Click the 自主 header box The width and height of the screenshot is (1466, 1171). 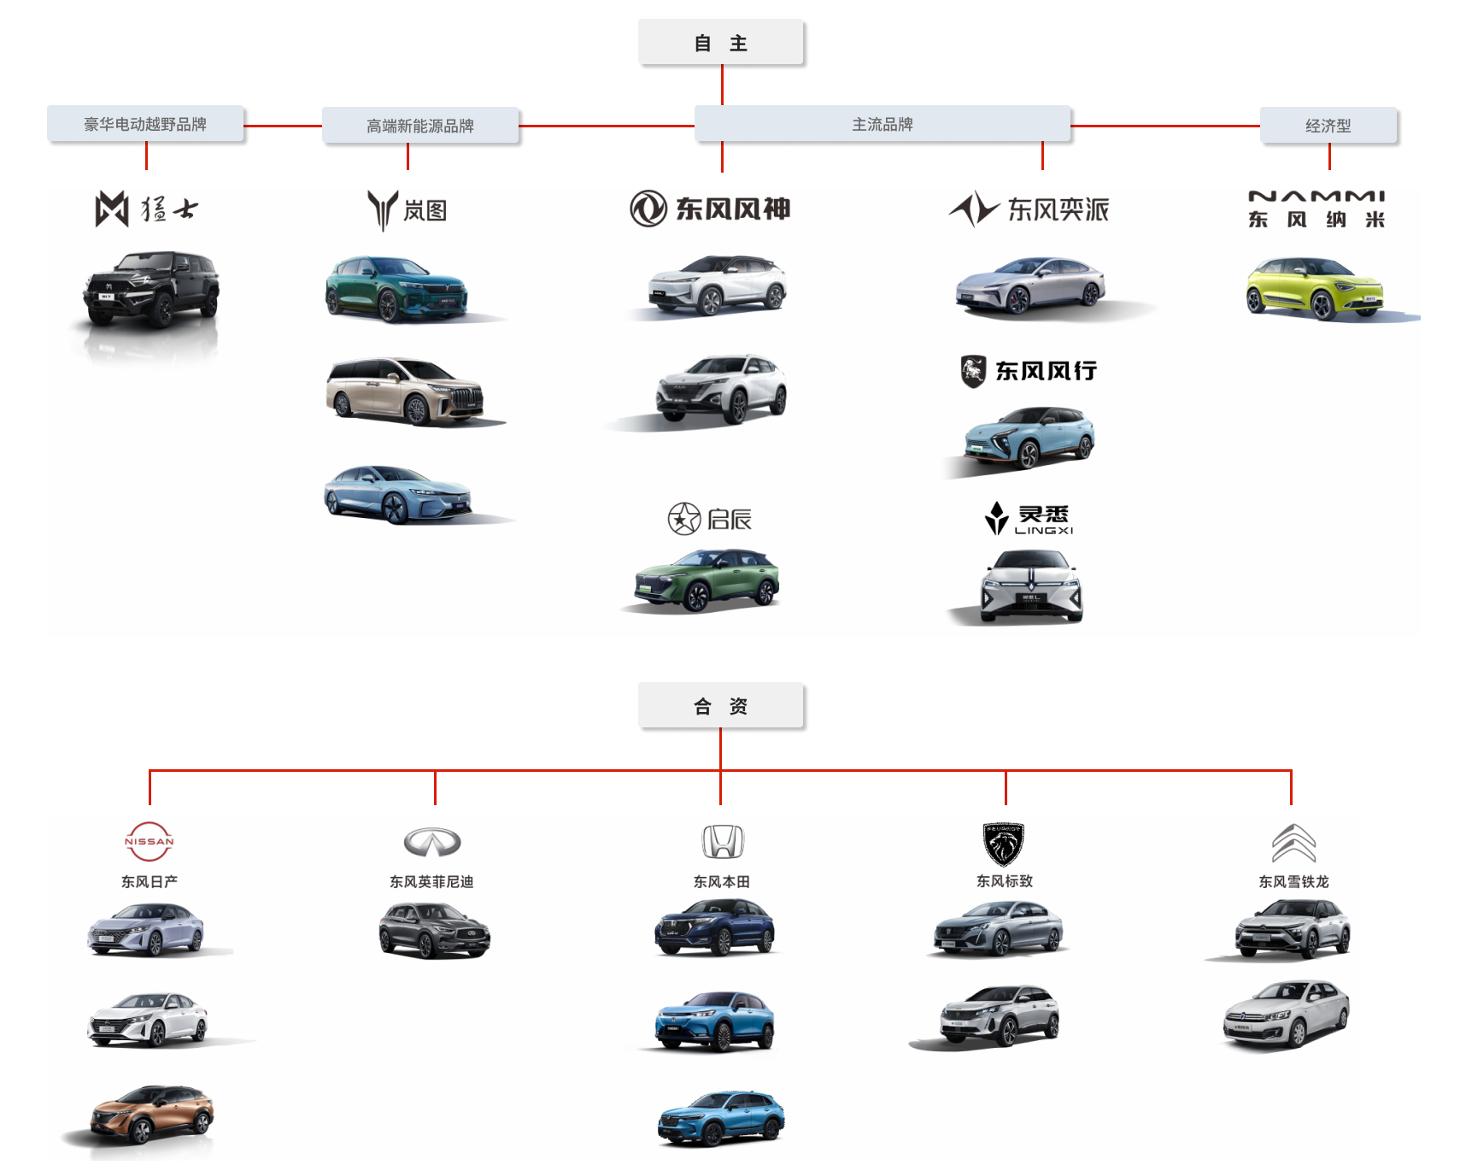click(x=720, y=43)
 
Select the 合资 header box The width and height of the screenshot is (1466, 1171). click(x=720, y=706)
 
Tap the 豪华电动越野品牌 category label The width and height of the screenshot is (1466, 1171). click(x=145, y=125)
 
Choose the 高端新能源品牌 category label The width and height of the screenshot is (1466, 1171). click(x=420, y=127)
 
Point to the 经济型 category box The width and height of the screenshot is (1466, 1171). click(x=1328, y=127)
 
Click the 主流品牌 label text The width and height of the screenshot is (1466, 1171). click(x=883, y=125)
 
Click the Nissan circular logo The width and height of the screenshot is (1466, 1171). click(x=150, y=842)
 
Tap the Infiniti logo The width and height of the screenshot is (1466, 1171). click(x=432, y=843)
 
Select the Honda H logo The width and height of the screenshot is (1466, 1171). click(x=723, y=842)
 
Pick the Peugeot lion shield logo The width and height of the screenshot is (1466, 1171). click(x=1003, y=844)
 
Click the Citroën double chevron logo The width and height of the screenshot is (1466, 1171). click(x=1293, y=844)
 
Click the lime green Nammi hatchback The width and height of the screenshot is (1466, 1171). click(x=1315, y=288)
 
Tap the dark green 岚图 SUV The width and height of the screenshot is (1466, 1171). click(x=396, y=289)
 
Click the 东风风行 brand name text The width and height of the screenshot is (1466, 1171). click(x=1046, y=371)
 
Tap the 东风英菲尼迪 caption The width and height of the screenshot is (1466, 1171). click(x=431, y=882)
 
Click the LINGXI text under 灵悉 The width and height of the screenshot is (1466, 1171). click(x=1043, y=531)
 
